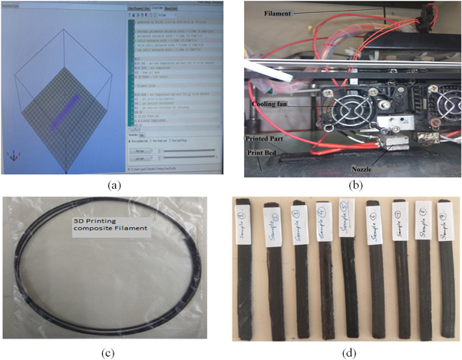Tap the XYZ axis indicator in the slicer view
click(x=14, y=157)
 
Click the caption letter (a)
click(x=110, y=185)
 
